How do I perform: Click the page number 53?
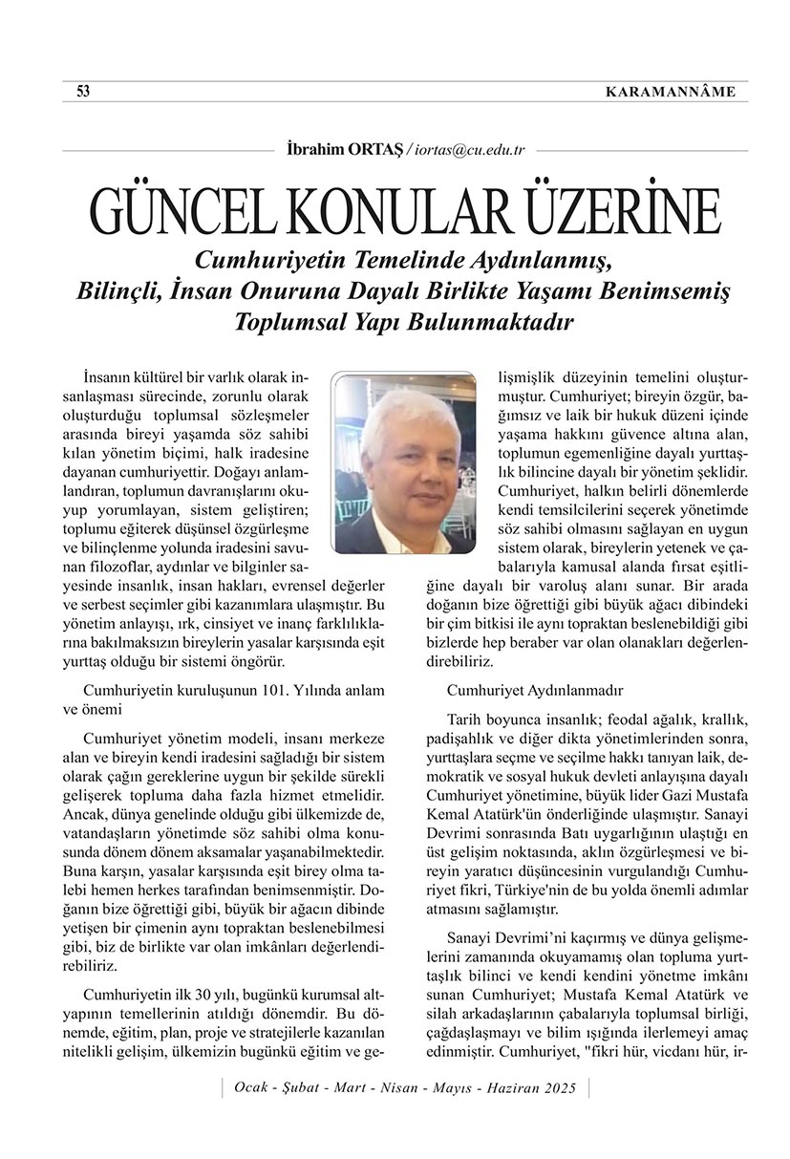coord(83,92)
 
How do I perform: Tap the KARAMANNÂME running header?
coord(671,92)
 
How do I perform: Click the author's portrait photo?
coord(403,463)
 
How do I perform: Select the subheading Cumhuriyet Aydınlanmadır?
coord(535,689)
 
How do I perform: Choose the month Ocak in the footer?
coord(252,1088)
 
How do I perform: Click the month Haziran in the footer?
coord(511,1088)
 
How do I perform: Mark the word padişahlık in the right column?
coord(483,739)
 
